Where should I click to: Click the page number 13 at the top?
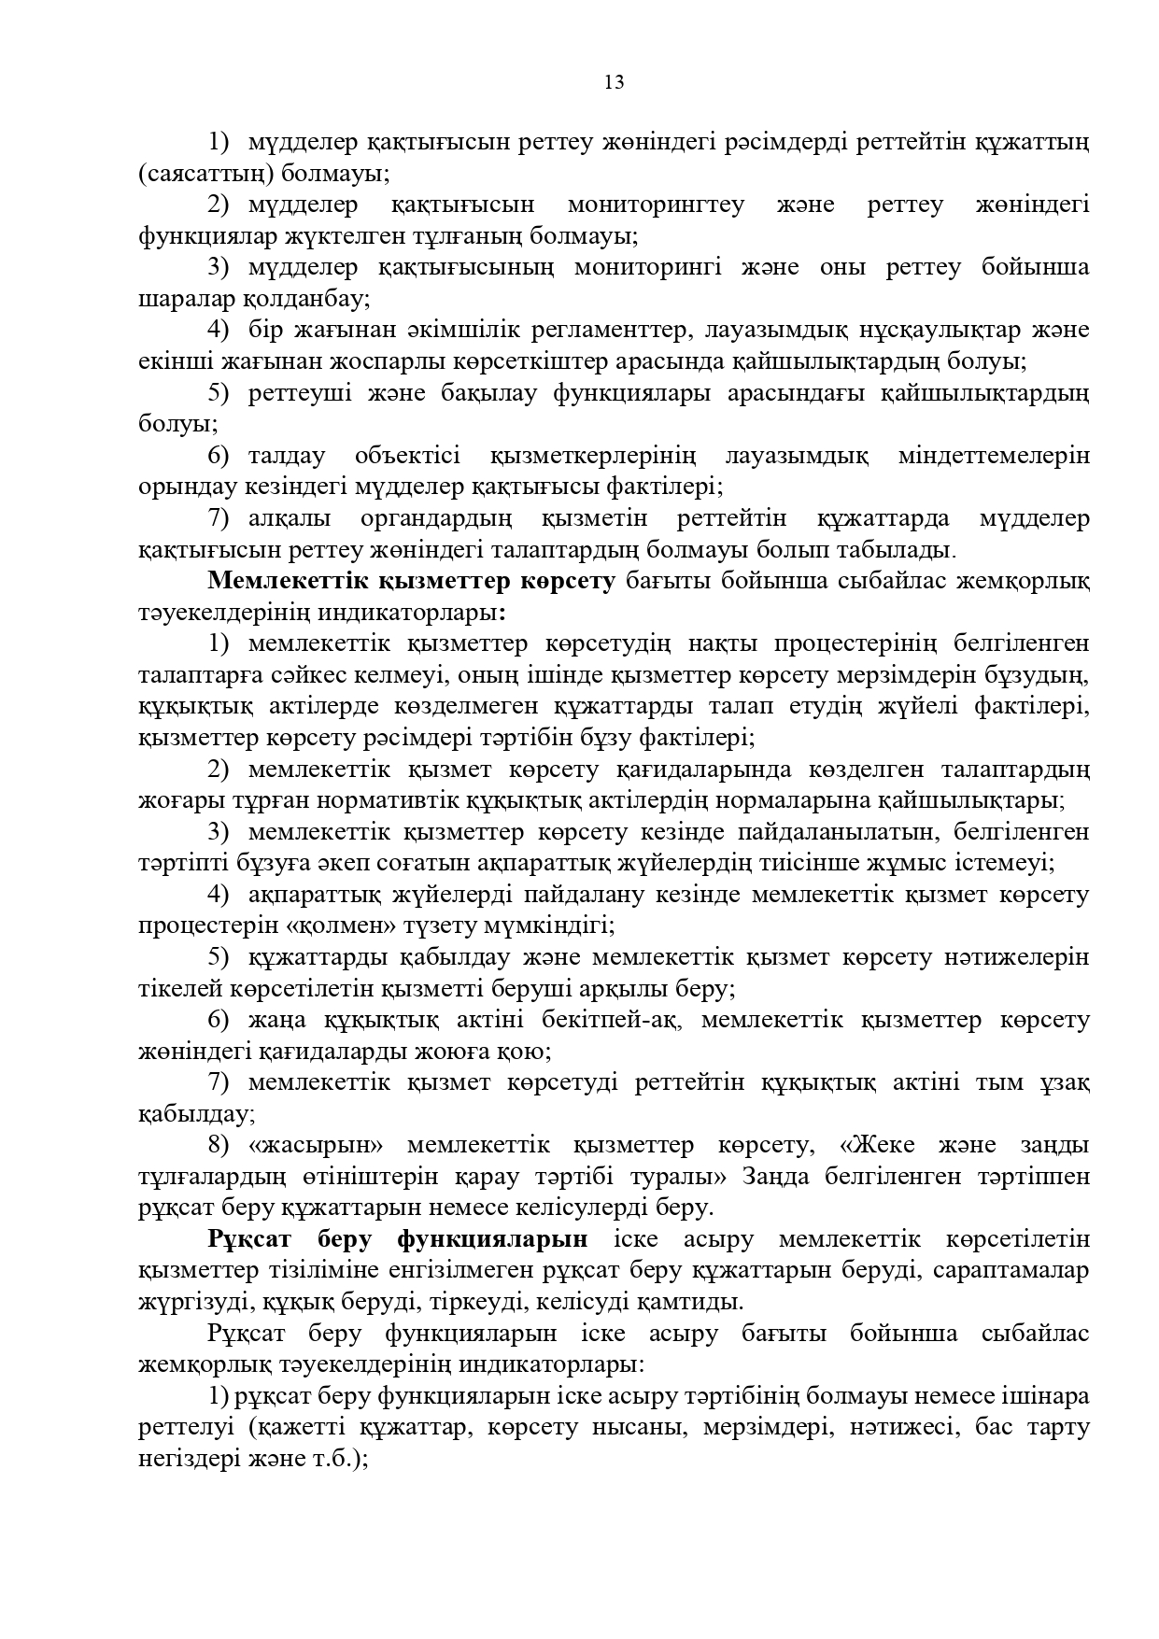(x=614, y=83)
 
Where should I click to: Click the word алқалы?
(x=288, y=518)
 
